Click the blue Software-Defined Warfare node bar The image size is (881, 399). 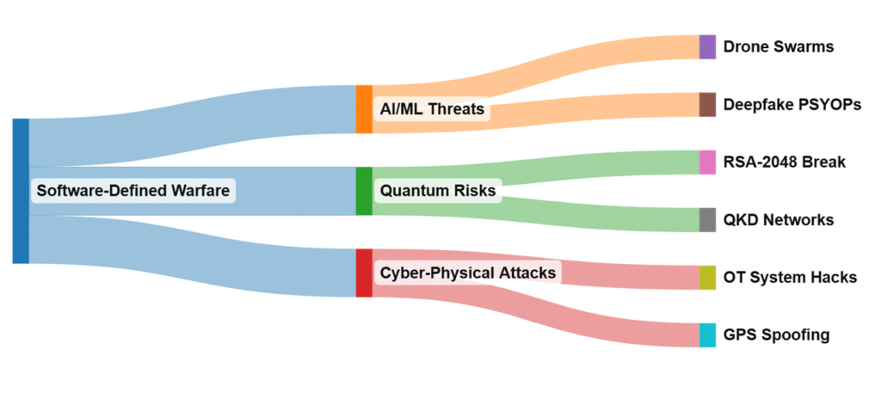tap(21, 191)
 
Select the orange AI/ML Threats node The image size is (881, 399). tap(364, 109)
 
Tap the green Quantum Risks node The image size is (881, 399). tap(364, 191)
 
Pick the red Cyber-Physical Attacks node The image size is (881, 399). tap(364, 273)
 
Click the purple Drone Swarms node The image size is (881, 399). tap(707, 46)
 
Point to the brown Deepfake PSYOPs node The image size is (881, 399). tap(707, 104)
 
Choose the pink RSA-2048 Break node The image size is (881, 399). tap(707, 162)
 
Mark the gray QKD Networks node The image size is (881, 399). tap(707, 219)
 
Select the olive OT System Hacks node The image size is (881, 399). tap(707, 277)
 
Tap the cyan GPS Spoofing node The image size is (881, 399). tap(707, 335)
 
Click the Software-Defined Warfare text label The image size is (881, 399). tap(133, 191)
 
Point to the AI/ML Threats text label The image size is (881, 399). tap(432, 109)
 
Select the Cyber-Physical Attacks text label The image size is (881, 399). tap(469, 273)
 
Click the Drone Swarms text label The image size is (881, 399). tap(779, 46)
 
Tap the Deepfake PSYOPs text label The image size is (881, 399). tap(792, 104)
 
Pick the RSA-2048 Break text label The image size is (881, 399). tap(785, 162)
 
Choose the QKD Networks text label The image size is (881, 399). tap(779, 219)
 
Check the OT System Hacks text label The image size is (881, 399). tap(790, 277)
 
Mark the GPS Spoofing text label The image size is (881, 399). tap(777, 335)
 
